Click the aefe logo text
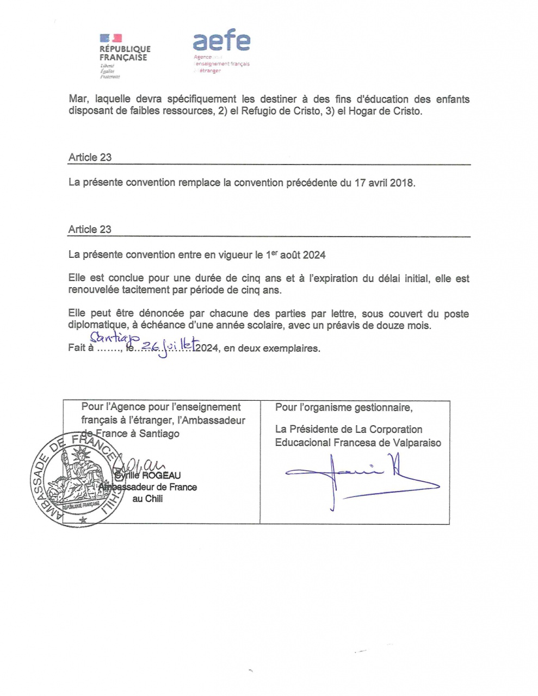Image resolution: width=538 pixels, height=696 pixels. coord(221,41)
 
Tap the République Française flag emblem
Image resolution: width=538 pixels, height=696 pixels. coord(111,38)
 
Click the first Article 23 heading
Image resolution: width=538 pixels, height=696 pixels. coord(90,157)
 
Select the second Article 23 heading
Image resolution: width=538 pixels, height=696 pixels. coord(90,229)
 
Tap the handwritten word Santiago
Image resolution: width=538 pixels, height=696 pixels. coord(115,339)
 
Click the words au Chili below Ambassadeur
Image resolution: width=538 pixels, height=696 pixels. coord(147,499)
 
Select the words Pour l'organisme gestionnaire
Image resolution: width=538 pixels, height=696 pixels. coord(343,407)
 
